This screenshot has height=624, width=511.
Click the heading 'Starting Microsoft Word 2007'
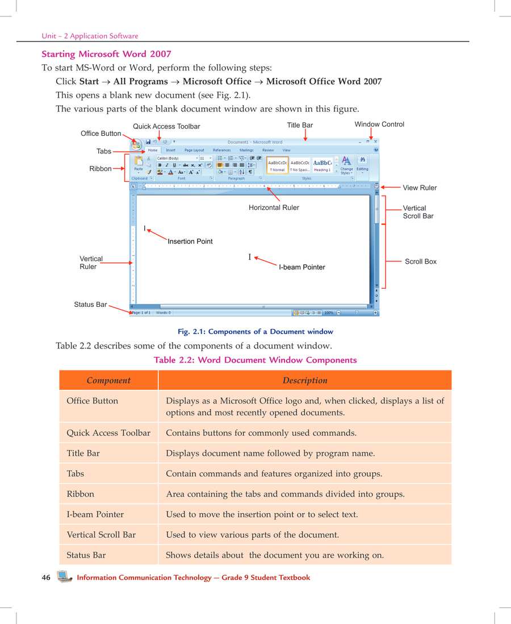point(106,54)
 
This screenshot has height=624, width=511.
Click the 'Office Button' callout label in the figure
point(100,134)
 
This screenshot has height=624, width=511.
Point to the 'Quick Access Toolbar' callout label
point(166,126)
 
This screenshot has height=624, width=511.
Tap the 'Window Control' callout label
point(379,124)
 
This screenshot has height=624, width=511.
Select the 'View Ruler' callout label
point(420,188)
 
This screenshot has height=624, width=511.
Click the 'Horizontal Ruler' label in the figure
point(274,207)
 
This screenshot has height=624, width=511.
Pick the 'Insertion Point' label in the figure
point(190,242)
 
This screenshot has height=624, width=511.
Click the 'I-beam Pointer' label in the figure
point(301,267)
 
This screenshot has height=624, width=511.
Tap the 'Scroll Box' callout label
point(420,261)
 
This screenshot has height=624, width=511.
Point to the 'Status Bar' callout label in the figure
point(90,305)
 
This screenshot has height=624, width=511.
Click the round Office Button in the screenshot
point(136,144)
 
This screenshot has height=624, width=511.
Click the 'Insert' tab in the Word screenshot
point(170,151)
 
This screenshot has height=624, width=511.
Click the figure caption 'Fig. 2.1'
point(255,331)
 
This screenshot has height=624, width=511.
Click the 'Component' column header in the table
point(108,380)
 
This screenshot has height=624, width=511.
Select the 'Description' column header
point(305,380)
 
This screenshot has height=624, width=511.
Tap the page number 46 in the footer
point(46,577)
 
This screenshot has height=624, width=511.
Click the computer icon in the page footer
point(64,577)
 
